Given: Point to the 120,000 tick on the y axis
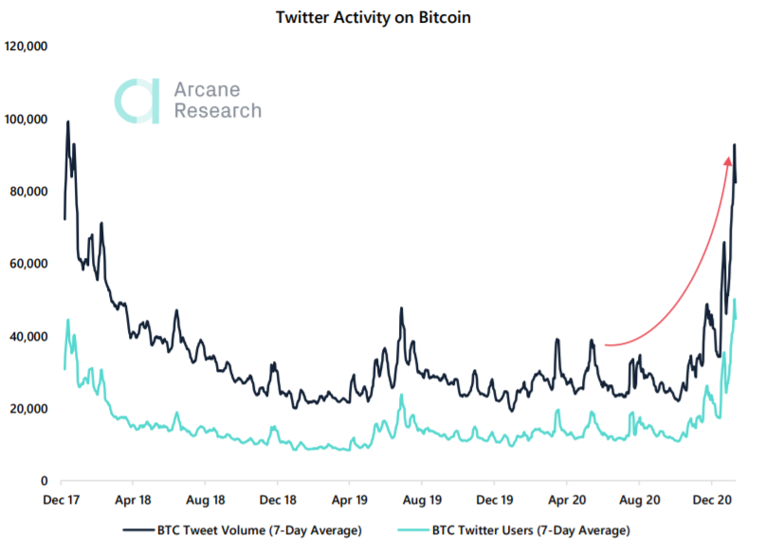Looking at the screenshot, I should [27, 46].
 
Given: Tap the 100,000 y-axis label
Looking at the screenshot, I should [27, 119].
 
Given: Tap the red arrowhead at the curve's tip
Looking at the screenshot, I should [728, 162].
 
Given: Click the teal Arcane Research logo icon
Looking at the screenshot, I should [137, 101].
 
